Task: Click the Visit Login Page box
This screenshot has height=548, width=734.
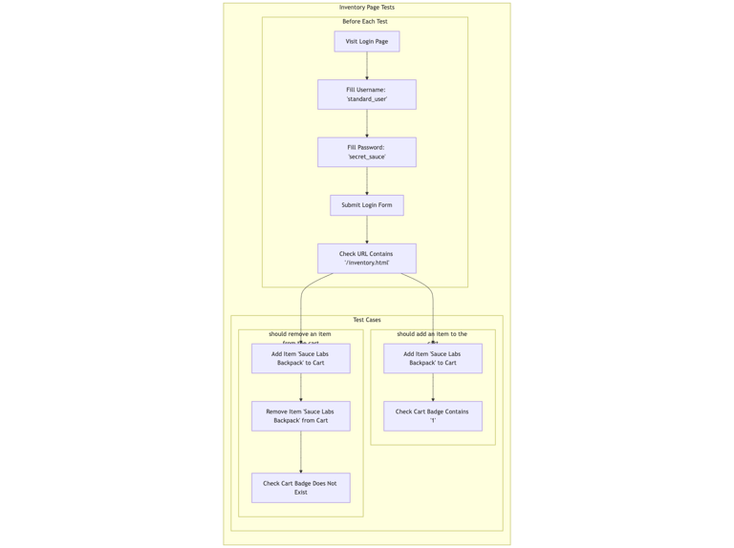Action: (366, 41)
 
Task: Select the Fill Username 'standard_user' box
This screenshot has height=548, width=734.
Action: (366, 95)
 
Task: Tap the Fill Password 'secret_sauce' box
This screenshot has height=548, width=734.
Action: (366, 152)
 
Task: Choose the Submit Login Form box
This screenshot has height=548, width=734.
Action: (366, 205)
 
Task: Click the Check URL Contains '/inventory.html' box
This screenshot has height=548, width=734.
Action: (366, 259)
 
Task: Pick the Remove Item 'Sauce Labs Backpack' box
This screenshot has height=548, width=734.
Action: (300, 416)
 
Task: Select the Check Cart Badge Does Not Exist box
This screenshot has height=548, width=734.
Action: (300, 488)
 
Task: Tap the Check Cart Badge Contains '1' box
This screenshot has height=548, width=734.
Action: (432, 416)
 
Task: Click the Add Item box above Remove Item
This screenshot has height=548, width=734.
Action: (300, 358)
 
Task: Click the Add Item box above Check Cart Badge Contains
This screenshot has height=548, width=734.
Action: (432, 358)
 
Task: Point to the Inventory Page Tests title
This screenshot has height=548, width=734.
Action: (366, 8)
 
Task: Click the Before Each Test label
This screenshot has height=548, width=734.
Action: (365, 21)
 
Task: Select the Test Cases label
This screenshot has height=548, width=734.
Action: (366, 320)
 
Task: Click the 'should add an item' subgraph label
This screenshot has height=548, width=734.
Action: (432, 334)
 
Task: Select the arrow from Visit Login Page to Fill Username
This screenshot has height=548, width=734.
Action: (367, 65)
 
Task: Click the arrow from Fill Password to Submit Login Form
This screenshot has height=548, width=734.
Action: (367, 180)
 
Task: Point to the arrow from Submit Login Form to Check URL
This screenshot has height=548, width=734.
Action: (367, 229)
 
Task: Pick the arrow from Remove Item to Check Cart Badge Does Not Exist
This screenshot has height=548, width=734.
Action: (301, 452)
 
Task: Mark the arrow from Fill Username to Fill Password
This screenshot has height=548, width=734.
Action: (367, 123)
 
